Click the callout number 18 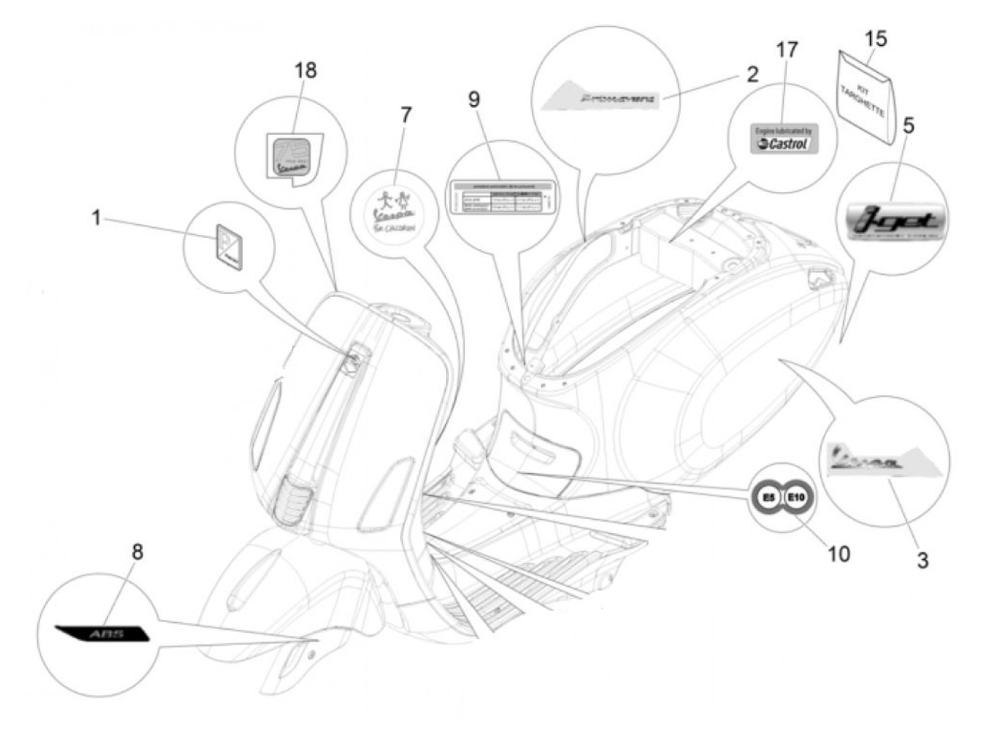(306, 71)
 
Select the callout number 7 (405, 115)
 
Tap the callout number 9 (474, 100)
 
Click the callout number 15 (876, 39)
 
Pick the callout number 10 (838, 554)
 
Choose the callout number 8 (137, 552)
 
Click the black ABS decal (104, 633)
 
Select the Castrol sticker (782, 139)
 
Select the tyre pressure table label (502, 197)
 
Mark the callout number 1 (97, 218)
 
